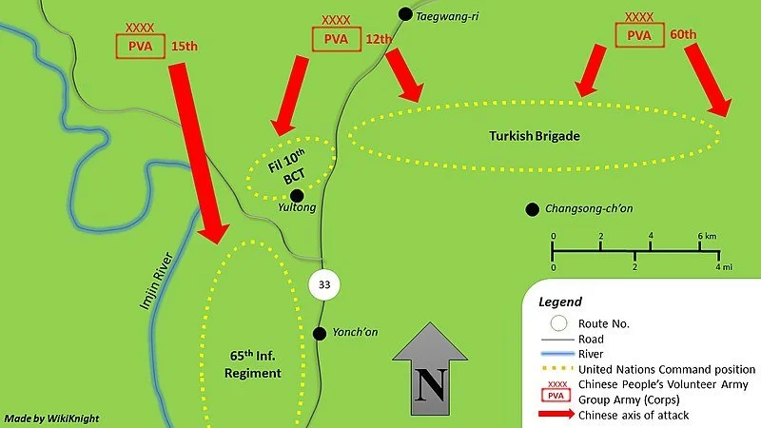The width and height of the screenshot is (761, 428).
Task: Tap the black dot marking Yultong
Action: [x=296, y=194]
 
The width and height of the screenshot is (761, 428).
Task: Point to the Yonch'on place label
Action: [x=355, y=332]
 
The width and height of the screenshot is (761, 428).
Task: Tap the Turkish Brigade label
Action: [x=535, y=136]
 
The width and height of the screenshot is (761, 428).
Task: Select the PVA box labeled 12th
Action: [x=336, y=39]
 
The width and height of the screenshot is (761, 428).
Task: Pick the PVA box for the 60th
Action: [x=639, y=35]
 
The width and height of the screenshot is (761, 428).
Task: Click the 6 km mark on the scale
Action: [x=701, y=236]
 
